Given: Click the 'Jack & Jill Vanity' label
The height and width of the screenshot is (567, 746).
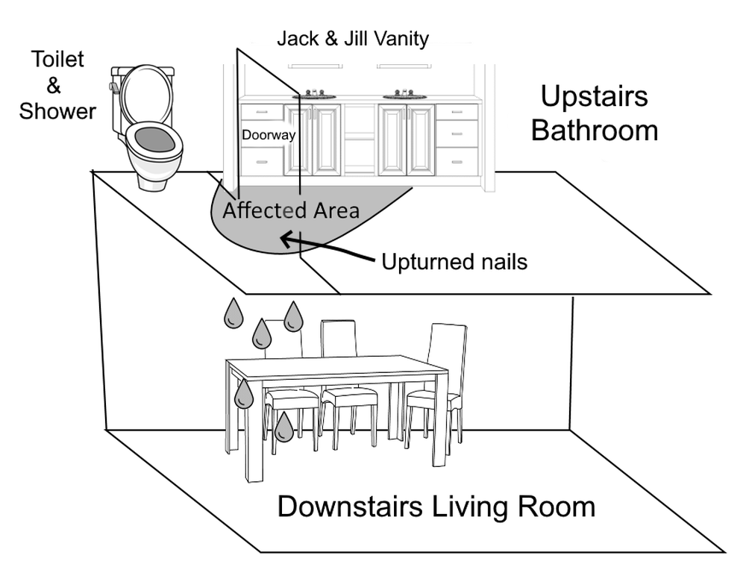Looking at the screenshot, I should [x=353, y=38].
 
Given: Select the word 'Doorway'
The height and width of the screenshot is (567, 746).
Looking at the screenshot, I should [x=269, y=136].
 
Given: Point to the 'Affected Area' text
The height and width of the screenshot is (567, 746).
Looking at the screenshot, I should [x=290, y=210].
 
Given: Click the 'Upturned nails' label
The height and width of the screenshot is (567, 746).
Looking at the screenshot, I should [x=454, y=262].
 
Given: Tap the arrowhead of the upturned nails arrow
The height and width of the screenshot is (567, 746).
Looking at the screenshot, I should [x=284, y=238].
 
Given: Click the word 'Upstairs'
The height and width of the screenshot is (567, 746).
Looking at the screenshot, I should [x=595, y=96].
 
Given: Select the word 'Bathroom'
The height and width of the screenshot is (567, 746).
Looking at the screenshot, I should [x=595, y=130].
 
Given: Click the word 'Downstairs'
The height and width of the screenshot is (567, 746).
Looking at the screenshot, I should [x=351, y=507].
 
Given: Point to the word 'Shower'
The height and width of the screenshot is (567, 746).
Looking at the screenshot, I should [x=57, y=111].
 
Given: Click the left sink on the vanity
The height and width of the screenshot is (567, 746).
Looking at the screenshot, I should [x=313, y=95].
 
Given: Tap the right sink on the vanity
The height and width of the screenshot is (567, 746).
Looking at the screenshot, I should [x=405, y=95].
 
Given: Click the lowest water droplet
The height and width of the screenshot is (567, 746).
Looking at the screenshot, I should [x=283, y=427].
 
